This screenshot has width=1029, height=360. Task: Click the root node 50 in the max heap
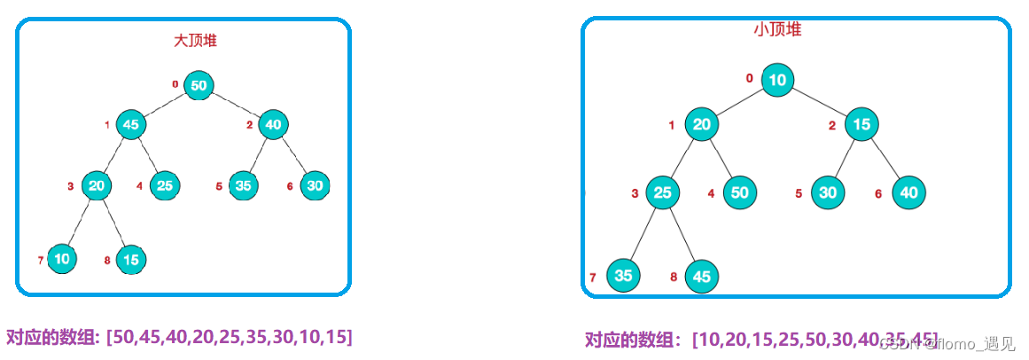point(199,85)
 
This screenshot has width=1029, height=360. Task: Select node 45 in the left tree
point(130,125)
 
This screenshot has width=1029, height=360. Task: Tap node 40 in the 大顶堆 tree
point(273,125)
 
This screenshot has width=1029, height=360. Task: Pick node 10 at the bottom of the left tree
point(61,259)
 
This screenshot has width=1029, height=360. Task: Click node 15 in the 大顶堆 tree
point(131,259)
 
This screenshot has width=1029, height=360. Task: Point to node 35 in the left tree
point(243,185)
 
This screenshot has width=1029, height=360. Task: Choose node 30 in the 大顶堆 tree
point(314,185)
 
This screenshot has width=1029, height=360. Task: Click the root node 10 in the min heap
point(777,79)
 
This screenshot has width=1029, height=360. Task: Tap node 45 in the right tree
point(702,276)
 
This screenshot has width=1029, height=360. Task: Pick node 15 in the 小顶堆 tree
point(860,124)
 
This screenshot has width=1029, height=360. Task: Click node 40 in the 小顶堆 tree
point(908,192)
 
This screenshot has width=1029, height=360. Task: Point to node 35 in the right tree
point(623,276)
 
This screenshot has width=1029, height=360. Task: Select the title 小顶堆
point(777,29)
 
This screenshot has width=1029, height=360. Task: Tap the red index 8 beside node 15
point(106,260)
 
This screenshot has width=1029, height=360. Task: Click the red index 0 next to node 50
point(175,84)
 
